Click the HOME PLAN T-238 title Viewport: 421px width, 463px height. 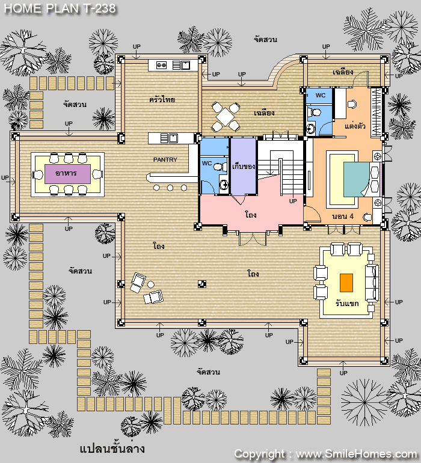click(60, 8)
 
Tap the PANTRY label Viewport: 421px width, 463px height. click(165, 160)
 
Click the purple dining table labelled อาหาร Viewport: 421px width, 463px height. click(67, 174)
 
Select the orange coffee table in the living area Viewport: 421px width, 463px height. click(346, 283)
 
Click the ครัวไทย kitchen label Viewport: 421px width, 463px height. click(162, 99)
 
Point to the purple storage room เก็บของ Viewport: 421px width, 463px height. click(243, 166)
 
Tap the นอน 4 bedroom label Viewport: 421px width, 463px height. click(342, 216)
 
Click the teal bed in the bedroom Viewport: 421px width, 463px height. click(356, 179)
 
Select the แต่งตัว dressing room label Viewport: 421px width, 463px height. click(355, 126)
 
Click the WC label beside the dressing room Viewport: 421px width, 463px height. click(320, 96)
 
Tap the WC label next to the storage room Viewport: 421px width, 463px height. click(207, 164)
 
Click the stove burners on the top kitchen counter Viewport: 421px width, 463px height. click(161, 65)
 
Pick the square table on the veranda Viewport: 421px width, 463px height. click(225, 116)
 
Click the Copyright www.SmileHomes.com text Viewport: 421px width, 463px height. click(325, 453)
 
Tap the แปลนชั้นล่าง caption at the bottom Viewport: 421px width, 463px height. click(112, 448)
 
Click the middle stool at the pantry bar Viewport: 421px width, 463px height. click(170, 188)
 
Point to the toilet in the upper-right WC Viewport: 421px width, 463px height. click(315, 112)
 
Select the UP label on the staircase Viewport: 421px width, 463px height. click(293, 201)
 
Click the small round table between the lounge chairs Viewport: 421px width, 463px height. click(151, 284)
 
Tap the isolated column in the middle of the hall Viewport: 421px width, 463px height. click(202, 284)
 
